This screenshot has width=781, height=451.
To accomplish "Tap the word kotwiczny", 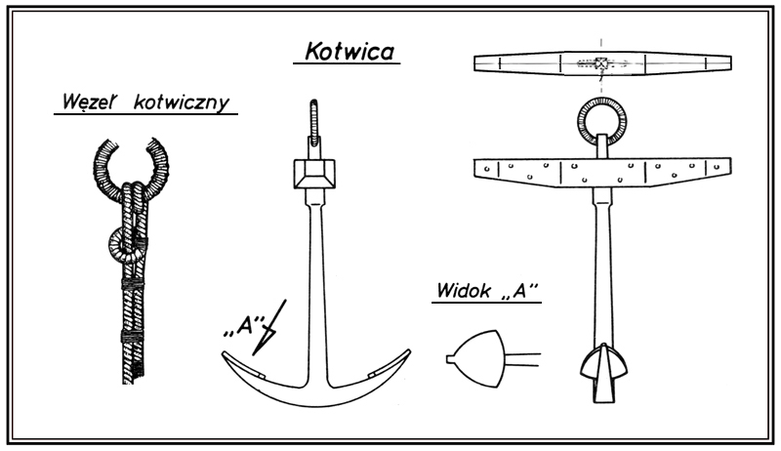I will [x=185, y=102].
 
